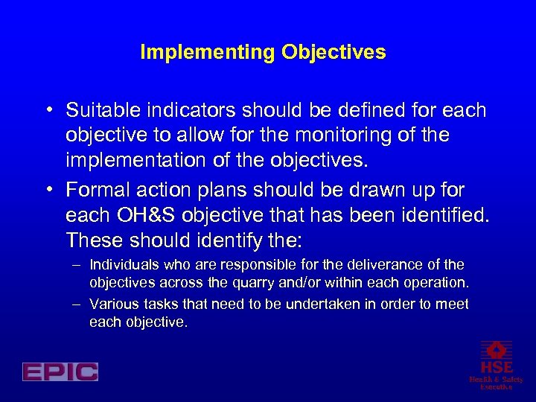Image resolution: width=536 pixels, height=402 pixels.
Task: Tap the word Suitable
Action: [x=102, y=111]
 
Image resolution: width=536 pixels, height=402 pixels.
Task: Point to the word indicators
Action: [x=183, y=111]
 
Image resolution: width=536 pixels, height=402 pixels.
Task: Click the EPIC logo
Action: [x=60, y=371]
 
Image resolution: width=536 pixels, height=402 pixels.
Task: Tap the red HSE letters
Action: [x=496, y=368]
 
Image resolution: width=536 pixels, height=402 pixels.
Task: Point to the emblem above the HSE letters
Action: [x=496, y=349]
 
